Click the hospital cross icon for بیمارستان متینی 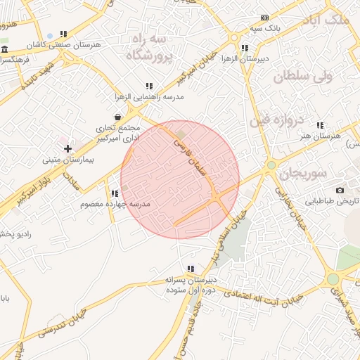67,148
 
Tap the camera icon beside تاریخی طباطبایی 340,191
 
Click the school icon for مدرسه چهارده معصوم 114,193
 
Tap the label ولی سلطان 301,77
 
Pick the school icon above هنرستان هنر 320,125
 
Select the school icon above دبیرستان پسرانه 190,269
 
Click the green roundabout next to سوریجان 271,165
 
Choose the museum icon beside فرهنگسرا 5,49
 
